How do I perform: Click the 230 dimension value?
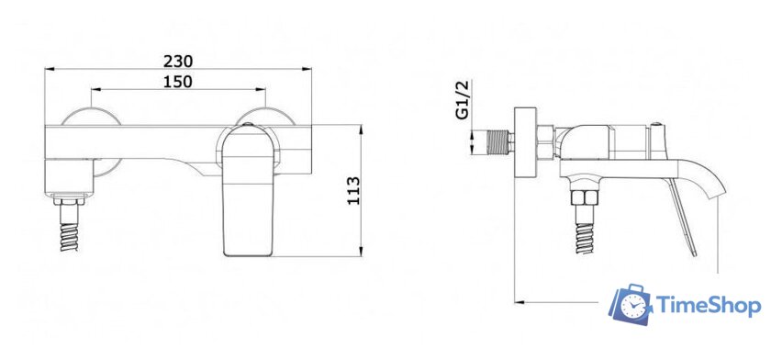178,61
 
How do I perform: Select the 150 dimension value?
178,82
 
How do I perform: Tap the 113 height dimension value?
354,191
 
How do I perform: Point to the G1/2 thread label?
464,100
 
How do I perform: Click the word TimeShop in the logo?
709,305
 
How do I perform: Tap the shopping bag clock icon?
631,305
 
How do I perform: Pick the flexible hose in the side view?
584,239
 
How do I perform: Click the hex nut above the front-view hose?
69,201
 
